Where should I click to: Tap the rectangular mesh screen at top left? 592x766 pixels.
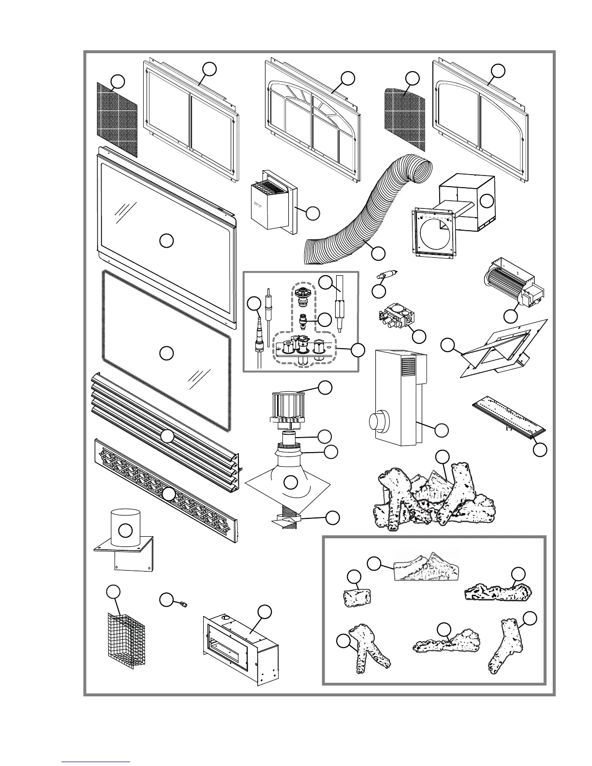117,118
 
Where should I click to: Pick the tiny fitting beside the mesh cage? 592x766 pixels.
183,604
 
